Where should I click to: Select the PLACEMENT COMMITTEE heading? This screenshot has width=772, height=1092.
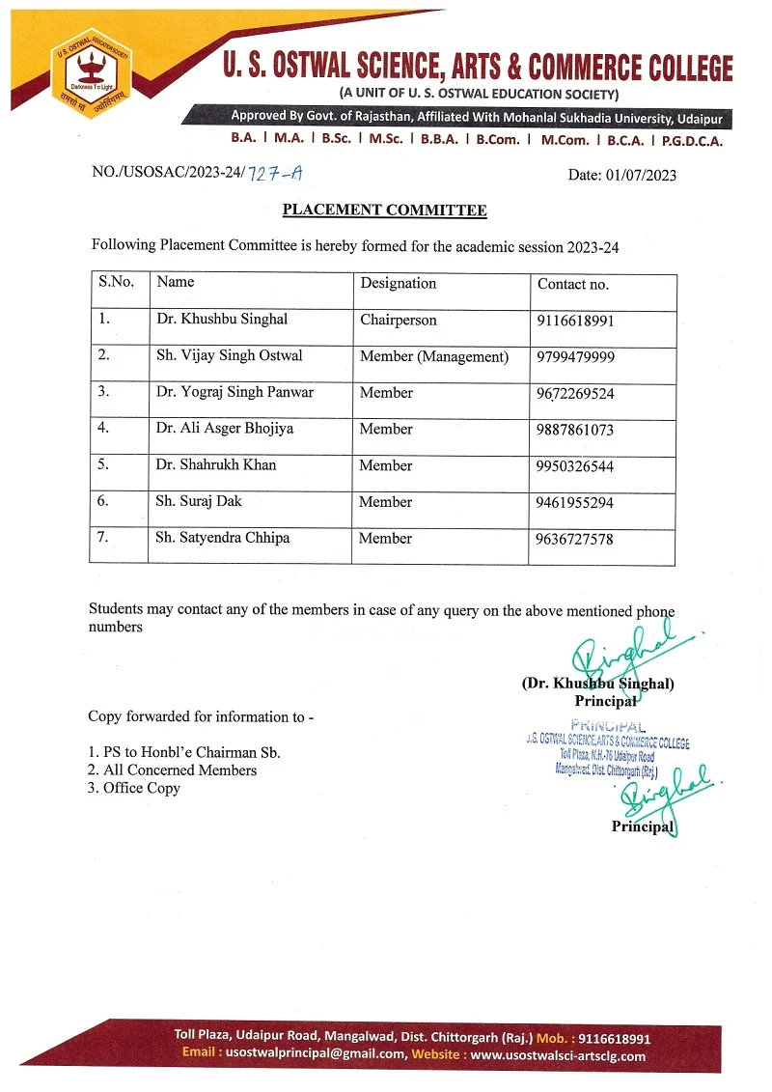(384, 210)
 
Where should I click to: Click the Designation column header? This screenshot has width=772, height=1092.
(398, 284)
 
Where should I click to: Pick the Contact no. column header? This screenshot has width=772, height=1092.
(573, 285)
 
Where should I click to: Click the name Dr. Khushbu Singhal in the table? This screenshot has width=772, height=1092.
(222, 320)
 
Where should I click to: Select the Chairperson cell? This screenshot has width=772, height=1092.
(399, 321)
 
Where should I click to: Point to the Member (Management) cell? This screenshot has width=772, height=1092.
(434, 356)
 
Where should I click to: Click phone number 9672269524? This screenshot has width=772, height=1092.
(576, 394)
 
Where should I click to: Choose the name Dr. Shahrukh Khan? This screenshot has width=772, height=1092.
(216, 465)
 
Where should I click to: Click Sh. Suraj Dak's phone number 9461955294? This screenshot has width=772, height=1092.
(575, 503)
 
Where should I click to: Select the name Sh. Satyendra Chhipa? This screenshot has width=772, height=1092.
(222, 539)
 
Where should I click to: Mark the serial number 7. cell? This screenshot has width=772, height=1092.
(103, 539)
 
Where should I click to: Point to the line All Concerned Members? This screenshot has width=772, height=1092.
(173, 770)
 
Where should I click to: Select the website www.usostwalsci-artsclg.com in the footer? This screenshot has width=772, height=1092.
(558, 1055)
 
